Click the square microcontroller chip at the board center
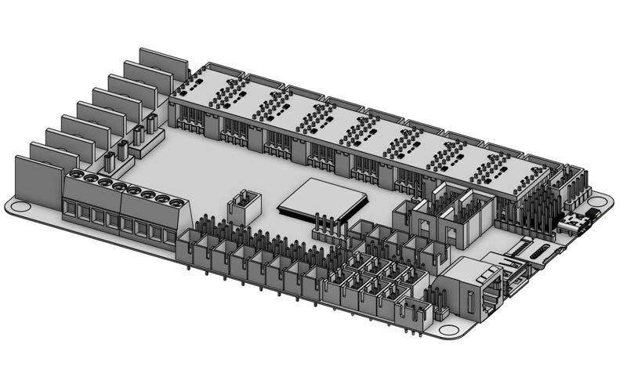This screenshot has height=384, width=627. click(x=322, y=199)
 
